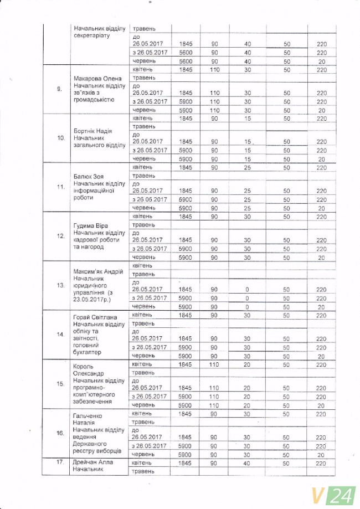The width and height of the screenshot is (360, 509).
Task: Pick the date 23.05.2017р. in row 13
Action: (92, 299)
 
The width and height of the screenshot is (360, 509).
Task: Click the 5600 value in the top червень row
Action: (185, 61)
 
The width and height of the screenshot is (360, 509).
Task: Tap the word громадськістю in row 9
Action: (94, 100)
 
